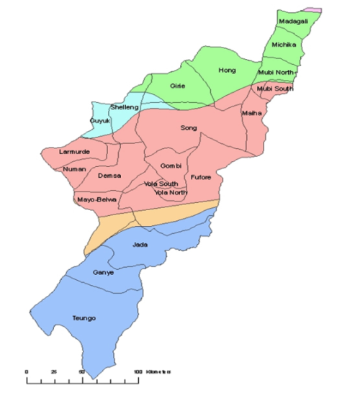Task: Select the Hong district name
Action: (227, 70)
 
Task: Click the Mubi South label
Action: (274, 89)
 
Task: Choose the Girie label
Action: (178, 86)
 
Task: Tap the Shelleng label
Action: (123, 107)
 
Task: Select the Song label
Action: (189, 128)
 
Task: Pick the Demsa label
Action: (109, 176)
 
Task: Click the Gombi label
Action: (171, 166)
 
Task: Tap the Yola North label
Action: (171, 192)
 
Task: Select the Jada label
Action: (140, 245)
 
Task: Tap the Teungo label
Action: (84, 317)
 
